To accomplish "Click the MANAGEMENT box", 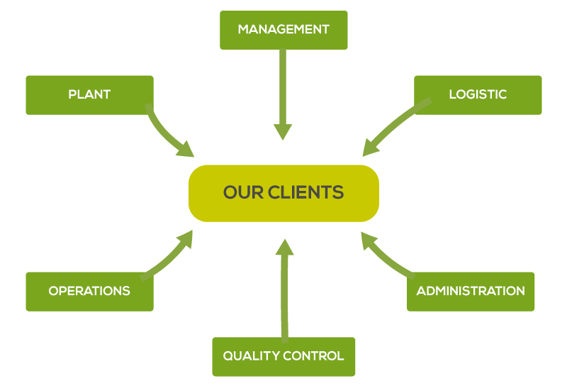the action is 283,30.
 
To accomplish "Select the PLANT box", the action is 90,95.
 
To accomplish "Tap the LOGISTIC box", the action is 478,95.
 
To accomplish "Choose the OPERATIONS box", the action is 90,292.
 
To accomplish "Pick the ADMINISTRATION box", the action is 471,292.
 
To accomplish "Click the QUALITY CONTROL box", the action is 283,357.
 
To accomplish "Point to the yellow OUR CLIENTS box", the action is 284,193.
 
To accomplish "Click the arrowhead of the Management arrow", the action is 283,131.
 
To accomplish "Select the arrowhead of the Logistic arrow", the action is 370,148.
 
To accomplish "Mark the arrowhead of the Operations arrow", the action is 185,238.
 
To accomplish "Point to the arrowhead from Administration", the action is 369,240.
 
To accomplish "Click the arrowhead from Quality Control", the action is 285,247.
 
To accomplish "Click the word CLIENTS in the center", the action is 305,192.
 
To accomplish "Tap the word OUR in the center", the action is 243,192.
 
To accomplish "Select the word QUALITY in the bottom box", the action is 252,356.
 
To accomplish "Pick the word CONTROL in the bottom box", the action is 313,356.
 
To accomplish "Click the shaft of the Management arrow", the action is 283,87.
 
